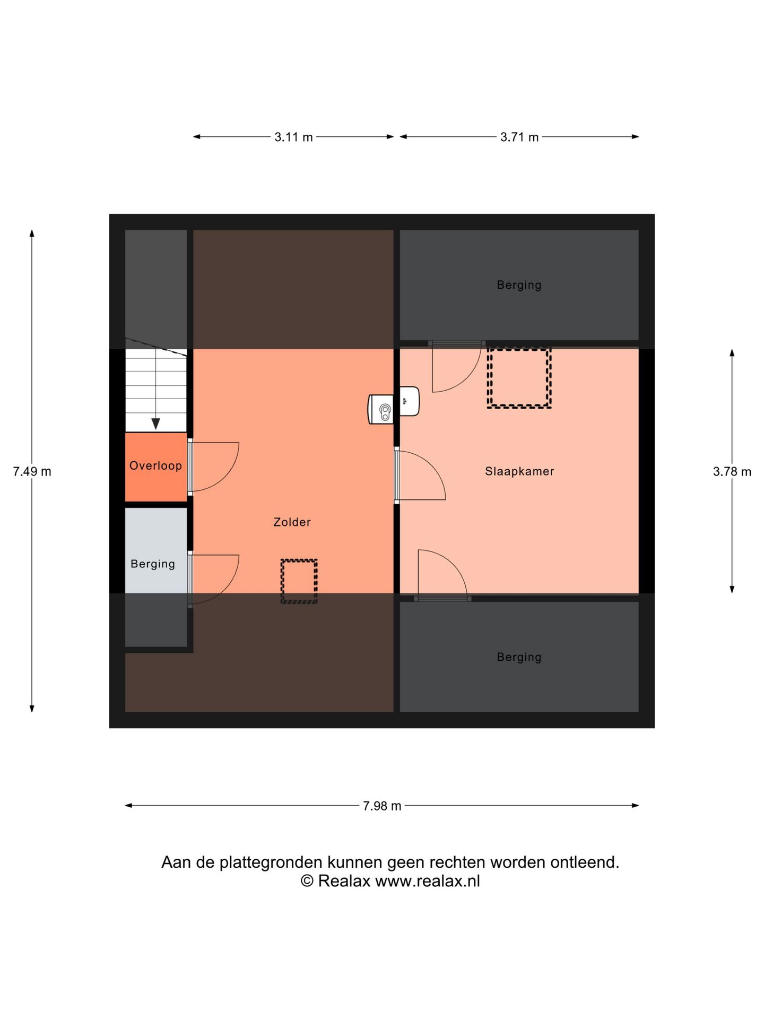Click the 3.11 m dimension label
[x=293, y=137]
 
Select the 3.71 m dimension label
[x=519, y=137]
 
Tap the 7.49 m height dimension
[x=32, y=471]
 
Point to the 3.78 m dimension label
[x=732, y=471]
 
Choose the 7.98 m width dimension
[x=382, y=806]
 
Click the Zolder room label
[x=292, y=522]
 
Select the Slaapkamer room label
[x=519, y=471]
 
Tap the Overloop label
[x=155, y=465]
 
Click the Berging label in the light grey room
[x=153, y=564]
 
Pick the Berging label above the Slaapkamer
[x=519, y=285]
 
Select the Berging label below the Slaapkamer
[x=519, y=657]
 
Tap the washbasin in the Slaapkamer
[x=410, y=401]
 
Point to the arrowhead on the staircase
[x=155, y=424]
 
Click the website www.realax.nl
[x=428, y=882]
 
